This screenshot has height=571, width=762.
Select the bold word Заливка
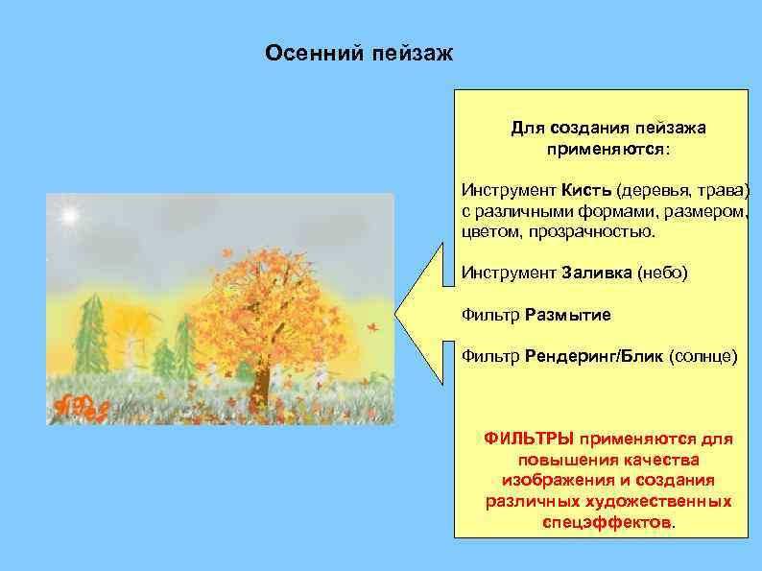pos(597,273)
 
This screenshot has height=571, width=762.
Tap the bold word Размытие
pos(568,315)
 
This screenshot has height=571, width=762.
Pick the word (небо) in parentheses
pos(661,273)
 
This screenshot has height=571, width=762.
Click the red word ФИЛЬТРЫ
pos(529,439)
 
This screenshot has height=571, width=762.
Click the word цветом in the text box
pos(488,231)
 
